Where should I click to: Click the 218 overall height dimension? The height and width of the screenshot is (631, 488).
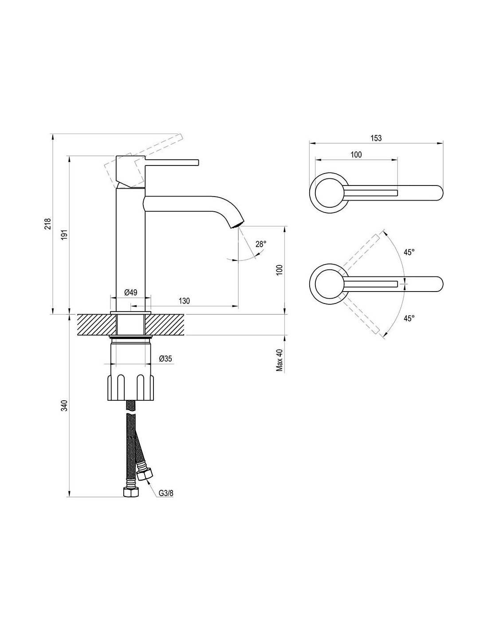pyautogui.click(x=48, y=223)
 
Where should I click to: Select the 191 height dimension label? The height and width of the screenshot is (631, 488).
pyautogui.click(x=64, y=235)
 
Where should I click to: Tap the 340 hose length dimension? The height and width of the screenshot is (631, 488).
pyautogui.click(x=64, y=406)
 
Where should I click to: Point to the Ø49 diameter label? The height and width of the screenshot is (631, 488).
pyautogui.click(x=130, y=292)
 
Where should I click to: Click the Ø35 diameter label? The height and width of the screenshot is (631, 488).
pyautogui.click(x=165, y=359)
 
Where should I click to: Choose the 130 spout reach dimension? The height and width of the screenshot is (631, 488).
pyautogui.click(x=184, y=301)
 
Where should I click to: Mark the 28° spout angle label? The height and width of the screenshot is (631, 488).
pyautogui.click(x=261, y=244)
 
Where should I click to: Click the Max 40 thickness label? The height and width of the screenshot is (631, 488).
pyautogui.click(x=279, y=360)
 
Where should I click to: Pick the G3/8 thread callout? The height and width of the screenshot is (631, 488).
pyautogui.click(x=166, y=493)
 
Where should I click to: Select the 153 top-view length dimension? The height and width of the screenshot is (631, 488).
pyautogui.click(x=376, y=138)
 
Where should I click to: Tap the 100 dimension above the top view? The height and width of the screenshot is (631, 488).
pyautogui.click(x=356, y=154)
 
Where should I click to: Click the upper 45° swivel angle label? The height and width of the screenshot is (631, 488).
pyautogui.click(x=409, y=252)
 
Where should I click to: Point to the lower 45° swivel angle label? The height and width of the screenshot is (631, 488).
pyautogui.click(x=409, y=318)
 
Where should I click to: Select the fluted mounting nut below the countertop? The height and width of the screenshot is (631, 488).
pyautogui.click(x=131, y=388)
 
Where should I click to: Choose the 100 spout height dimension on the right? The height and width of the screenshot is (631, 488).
pyautogui.click(x=279, y=270)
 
